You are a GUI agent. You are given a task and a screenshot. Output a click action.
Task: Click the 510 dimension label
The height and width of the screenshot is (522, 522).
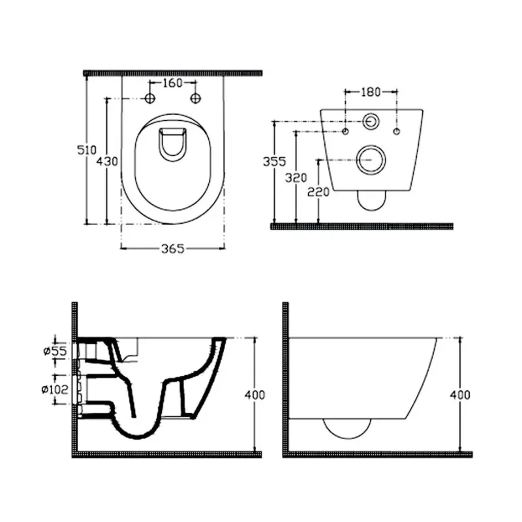[87, 150]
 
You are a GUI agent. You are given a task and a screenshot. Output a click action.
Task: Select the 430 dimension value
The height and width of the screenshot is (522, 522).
[107, 161]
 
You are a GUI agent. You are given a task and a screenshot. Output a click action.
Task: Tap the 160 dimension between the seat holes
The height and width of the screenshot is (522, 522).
[172, 83]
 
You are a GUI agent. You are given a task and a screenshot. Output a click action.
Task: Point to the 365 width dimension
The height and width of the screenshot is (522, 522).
[172, 249]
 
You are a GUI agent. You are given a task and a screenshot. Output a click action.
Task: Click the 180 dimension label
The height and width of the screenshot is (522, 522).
[371, 91]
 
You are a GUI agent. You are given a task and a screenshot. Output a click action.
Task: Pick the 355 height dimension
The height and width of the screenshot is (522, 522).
[274, 161]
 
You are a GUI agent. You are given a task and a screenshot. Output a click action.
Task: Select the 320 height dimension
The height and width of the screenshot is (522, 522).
[296, 177]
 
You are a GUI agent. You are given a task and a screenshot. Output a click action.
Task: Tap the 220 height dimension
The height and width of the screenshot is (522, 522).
[318, 192]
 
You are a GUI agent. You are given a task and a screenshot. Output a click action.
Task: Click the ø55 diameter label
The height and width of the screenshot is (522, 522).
[55, 350]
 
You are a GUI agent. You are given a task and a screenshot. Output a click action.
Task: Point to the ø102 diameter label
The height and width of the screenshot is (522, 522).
[55, 389]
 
